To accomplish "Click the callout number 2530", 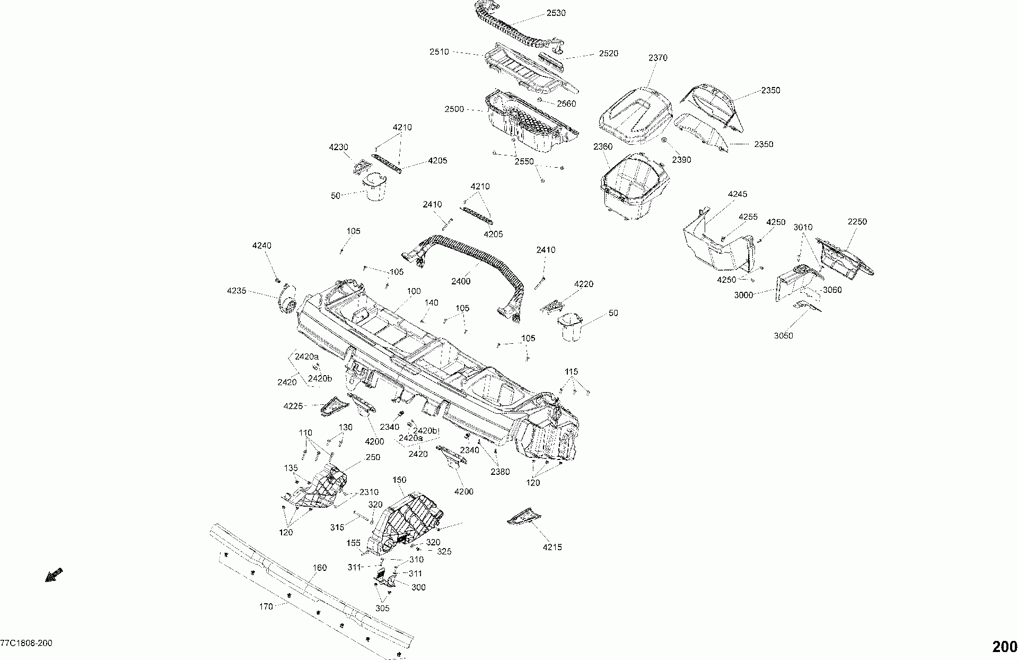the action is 556,13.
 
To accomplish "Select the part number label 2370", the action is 658,58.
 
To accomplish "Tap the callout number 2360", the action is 603,146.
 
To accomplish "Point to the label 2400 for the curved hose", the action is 460,281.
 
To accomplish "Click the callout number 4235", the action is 237,291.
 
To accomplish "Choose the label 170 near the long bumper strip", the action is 267,606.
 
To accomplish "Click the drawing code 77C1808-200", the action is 26,644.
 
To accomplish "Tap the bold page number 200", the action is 1004,647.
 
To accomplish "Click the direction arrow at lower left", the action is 54,575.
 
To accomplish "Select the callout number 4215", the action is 552,547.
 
